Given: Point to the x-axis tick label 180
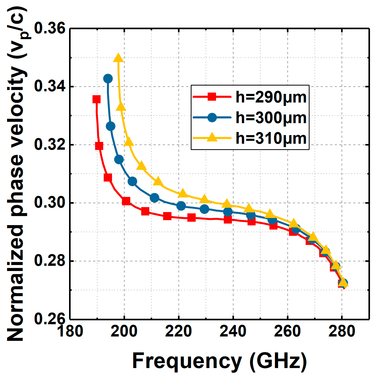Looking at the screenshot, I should (x=70, y=331).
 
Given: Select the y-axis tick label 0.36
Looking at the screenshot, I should (x=50, y=28).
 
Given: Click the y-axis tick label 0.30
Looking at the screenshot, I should (x=50, y=203).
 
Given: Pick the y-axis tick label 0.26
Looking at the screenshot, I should (x=50, y=319).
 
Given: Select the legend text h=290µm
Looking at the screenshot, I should (x=271, y=97).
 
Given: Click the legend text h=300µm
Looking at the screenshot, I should (x=271, y=118).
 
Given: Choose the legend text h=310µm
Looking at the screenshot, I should (x=271, y=138).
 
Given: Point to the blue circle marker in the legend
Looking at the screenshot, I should (x=212, y=117).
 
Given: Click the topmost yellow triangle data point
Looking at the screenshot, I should (x=118, y=58).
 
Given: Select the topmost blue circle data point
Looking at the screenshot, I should (x=108, y=79).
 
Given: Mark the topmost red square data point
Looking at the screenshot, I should (x=97, y=99).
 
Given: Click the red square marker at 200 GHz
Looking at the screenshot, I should (x=126, y=201).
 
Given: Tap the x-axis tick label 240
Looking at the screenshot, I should (x=233, y=331).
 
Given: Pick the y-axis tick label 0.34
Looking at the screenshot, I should (x=50, y=87).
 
